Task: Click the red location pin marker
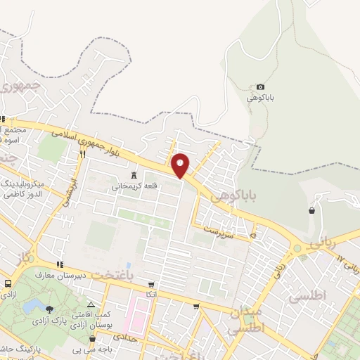pyautogui.click(x=181, y=165)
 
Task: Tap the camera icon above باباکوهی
pyautogui.click(x=261, y=86)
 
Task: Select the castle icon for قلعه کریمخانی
pyautogui.click(x=133, y=176)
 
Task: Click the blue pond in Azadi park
pyautogui.click(x=32, y=307)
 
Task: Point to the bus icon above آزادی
pyautogui.click(x=7, y=284)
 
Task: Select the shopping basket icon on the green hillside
pyautogui.click(x=311, y=210)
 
